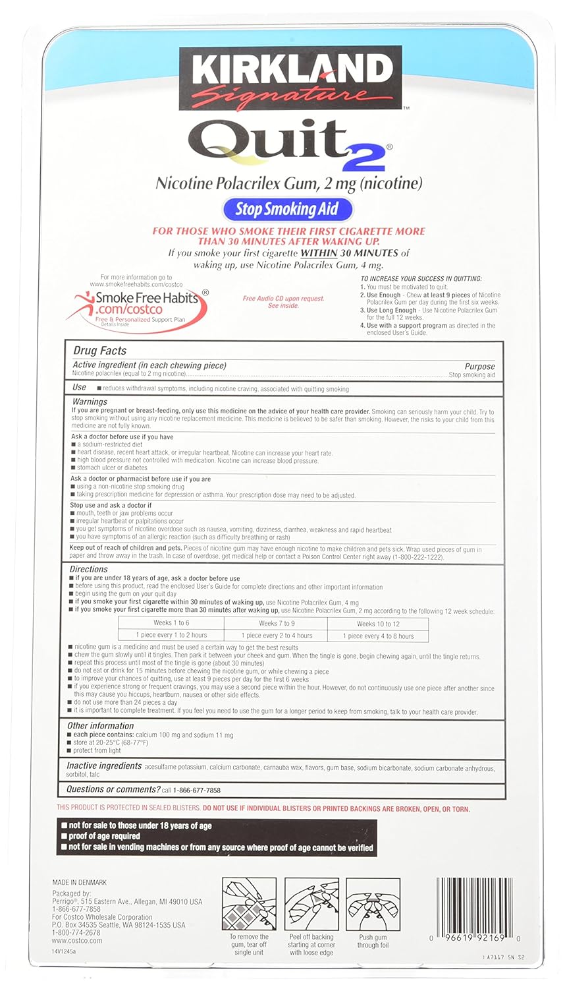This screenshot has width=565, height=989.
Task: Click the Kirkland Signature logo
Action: pyautogui.click(x=290, y=78)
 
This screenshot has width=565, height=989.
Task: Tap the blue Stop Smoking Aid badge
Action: pyautogui.click(x=287, y=210)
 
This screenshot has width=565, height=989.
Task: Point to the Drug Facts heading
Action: pyautogui.click(x=99, y=351)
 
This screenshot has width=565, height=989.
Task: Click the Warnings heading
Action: pyautogui.click(x=90, y=402)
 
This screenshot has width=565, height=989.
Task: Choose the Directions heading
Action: pyautogui.click(x=89, y=569)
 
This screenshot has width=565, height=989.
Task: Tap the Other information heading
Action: pyautogui.click(x=100, y=725)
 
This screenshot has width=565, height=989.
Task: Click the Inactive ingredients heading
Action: pyautogui.click(x=104, y=766)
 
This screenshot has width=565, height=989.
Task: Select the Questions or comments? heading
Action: pyautogui.click(x=113, y=789)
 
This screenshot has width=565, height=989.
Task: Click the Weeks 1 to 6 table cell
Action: pyautogui.click(x=171, y=623)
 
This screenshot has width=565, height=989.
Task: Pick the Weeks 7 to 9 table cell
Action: pyautogui.click(x=277, y=623)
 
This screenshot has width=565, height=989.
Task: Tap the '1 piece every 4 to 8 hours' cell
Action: pyautogui.click(x=378, y=636)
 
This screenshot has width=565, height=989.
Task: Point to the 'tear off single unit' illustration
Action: pyautogui.click(x=248, y=904)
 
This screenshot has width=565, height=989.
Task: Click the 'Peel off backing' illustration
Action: pyautogui.click(x=311, y=904)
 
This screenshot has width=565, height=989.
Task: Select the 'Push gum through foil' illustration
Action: pyautogui.click(x=373, y=904)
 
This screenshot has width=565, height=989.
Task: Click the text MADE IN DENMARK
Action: pyautogui.click(x=79, y=882)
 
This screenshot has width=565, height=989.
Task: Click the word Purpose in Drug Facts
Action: pyautogui.click(x=479, y=367)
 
